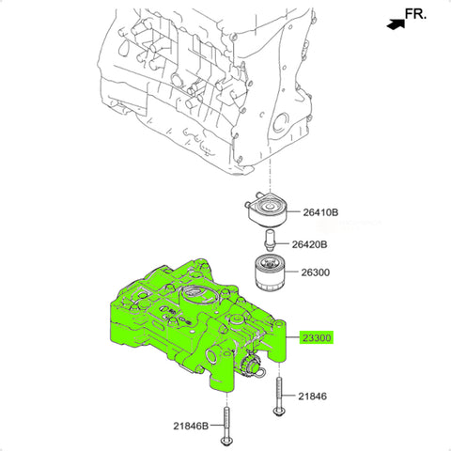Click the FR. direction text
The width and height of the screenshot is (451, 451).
pos(415,14)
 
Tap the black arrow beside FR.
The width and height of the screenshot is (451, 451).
pos(396,24)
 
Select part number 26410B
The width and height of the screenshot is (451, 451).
pos(320,212)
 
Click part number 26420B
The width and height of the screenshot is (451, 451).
pos(309,244)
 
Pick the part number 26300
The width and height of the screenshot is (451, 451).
pos(316,272)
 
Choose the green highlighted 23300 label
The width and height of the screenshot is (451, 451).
pos(317,338)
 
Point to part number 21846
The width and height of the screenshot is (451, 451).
pos(312,397)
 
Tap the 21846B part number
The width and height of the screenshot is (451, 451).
pos(191,426)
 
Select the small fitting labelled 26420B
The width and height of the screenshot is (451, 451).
pos(270,241)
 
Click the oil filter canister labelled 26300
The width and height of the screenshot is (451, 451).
pos(270,272)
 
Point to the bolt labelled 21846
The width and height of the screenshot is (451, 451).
pos(279,397)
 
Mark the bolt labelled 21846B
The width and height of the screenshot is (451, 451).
pos(226,428)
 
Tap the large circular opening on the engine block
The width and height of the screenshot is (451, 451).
pos(280,123)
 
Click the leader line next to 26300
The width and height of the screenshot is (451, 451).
pos(292,272)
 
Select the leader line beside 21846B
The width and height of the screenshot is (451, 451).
pos(218,426)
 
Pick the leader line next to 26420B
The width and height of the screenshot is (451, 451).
pos(283,243)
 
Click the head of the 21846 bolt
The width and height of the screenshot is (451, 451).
pos(279,412)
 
